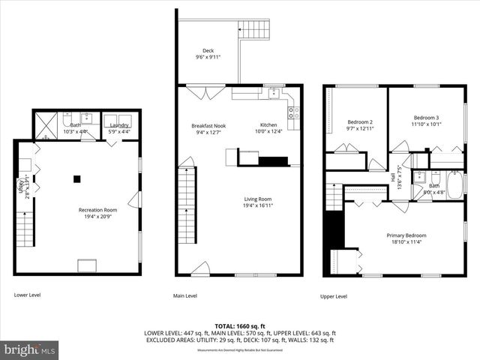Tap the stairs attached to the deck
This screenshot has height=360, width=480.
click(255, 30)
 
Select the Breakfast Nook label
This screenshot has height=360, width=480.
click(208, 125)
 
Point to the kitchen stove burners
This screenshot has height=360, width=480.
click(294, 112)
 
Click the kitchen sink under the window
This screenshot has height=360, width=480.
click(274, 94)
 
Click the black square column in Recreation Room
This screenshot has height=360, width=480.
click(76, 178)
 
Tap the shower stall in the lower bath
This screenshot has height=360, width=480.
click(46, 124)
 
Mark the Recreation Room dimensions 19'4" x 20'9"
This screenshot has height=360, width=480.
click(98, 217)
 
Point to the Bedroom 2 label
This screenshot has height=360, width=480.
click(360, 121)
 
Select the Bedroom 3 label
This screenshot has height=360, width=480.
click(427, 118)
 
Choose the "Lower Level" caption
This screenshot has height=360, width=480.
click(27, 295)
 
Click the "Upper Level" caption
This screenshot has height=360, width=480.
click(334, 296)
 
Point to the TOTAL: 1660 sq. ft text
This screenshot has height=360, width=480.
click(240, 326)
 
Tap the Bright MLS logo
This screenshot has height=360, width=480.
click(30, 349)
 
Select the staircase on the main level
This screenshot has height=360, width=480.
click(186, 205)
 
